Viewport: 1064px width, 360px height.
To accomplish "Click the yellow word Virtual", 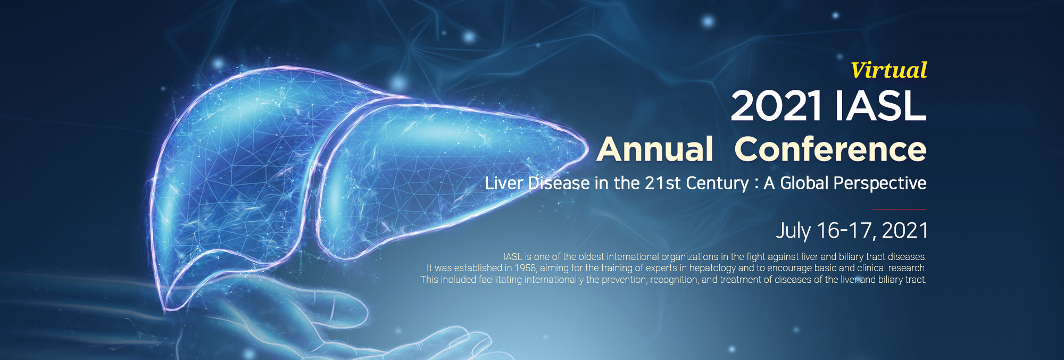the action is click(888, 70).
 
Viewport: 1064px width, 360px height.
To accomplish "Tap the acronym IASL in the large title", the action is click(880, 106).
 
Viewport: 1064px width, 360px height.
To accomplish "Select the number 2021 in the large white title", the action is click(776, 106).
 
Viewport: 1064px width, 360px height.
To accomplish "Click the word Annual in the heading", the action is click(655, 149).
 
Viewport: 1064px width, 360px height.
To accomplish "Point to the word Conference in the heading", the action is click(830, 149).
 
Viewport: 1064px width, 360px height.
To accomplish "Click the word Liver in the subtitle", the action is click(504, 183).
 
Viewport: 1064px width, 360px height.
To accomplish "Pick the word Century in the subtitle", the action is click(718, 183).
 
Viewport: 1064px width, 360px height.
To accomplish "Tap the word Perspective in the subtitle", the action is click(880, 183).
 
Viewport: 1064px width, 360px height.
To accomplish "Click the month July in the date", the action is click(793, 231).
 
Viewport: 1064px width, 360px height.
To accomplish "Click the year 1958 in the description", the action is click(525, 268).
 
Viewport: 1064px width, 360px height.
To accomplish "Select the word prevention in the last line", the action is click(624, 280).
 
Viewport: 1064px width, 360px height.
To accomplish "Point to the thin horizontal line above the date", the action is click(899, 209).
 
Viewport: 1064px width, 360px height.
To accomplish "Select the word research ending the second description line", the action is click(908, 268).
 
